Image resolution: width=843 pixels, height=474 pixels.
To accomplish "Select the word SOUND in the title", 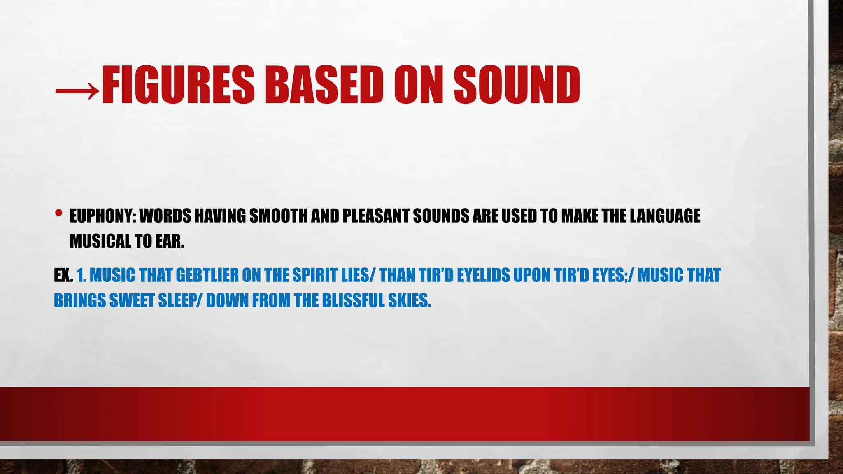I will click(x=517, y=85).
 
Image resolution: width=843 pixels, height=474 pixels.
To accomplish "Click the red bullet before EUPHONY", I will click(x=58, y=213).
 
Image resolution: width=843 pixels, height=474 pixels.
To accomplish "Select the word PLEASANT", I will click(x=376, y=216).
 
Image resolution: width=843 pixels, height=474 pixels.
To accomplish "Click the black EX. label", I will click(x=63, y=275).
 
